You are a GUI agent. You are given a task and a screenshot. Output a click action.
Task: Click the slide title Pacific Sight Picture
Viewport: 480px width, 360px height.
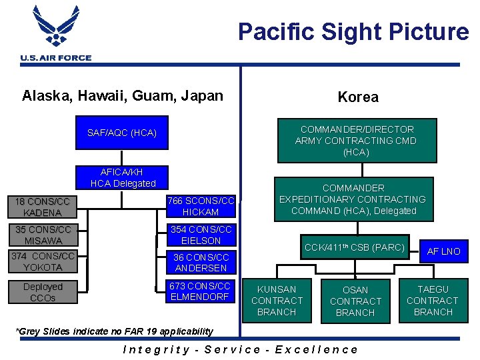353,31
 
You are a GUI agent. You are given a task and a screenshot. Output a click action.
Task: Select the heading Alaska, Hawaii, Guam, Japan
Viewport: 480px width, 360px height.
123,95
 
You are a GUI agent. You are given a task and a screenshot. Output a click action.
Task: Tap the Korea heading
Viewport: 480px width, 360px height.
358,97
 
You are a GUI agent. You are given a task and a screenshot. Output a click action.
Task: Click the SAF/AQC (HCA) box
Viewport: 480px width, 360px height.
122,133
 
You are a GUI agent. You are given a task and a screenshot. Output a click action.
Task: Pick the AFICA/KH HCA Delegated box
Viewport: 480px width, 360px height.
123,177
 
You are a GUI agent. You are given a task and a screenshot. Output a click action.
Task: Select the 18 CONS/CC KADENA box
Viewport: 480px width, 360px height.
42,207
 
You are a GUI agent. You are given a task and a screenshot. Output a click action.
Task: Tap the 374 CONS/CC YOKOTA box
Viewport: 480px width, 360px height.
42,262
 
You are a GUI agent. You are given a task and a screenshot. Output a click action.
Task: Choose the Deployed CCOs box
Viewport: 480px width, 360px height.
42,292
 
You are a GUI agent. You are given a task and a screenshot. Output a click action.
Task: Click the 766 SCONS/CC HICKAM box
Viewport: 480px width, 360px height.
201,206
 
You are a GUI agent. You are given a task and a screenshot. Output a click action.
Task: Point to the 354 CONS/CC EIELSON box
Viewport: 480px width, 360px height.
201,235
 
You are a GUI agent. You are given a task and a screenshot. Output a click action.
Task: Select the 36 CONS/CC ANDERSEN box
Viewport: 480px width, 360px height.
201,262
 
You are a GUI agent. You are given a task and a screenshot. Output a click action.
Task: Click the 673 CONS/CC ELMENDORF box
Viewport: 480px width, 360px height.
201,291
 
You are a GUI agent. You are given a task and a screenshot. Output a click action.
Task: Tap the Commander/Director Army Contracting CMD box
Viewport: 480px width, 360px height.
357,141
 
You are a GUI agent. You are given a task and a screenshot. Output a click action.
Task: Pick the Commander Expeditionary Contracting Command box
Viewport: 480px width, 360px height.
352,199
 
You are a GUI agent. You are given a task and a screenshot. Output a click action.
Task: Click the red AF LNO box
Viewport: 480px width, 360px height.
444,251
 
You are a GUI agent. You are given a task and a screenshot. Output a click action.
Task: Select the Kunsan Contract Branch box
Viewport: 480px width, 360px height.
277,301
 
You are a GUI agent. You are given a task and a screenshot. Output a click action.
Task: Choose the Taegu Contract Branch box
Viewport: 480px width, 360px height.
433,301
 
